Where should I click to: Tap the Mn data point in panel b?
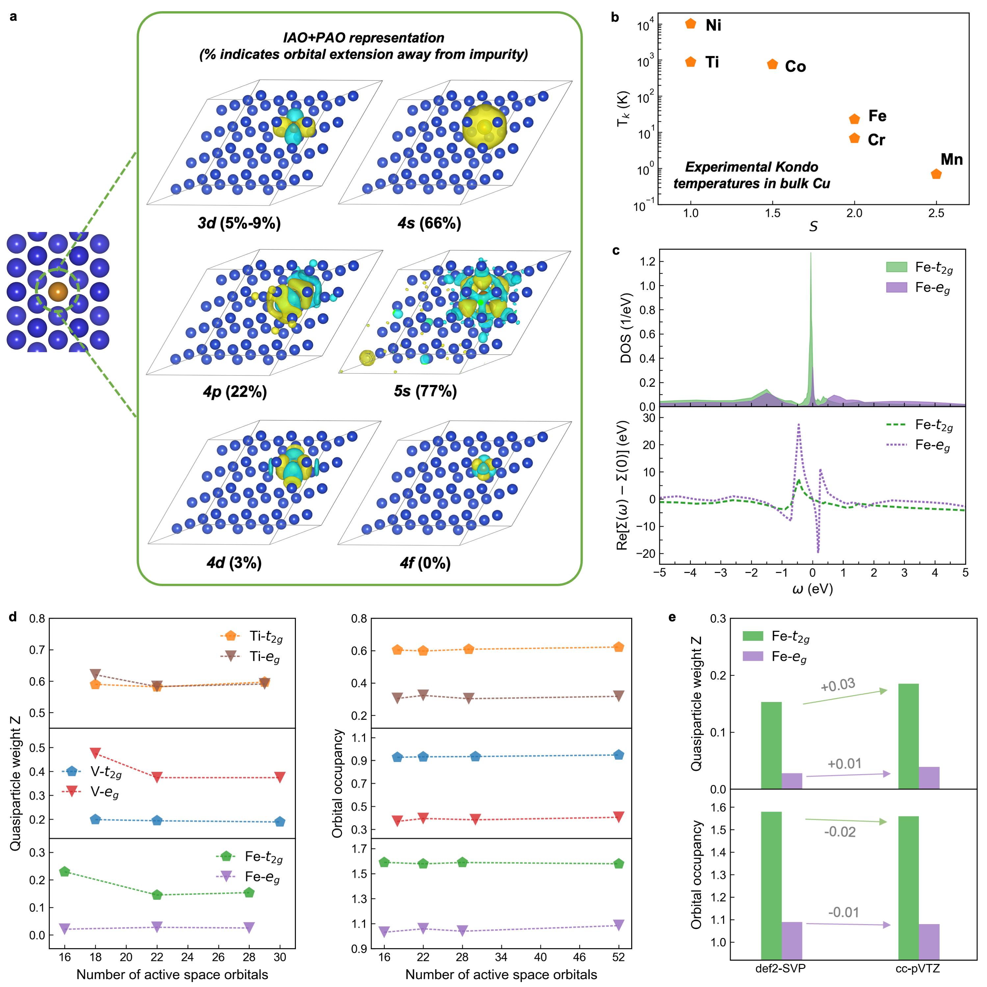(x=936, y=174)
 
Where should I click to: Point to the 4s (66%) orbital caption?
(x=429, y=223)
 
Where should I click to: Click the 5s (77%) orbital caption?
(x=425, y=391)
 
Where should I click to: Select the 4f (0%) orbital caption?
(x=425, y=563)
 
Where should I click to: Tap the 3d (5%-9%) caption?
(x=239, y=223)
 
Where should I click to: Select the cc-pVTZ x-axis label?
(x=918, y=968)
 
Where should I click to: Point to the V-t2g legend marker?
(x=71, y=771)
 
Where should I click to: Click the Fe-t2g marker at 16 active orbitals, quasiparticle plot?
(x=65, y=871)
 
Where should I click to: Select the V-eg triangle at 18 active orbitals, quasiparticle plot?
(x=95, y=753)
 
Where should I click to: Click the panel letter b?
(x=615, y=17)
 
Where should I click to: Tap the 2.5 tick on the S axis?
(x=936, y=213)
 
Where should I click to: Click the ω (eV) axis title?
(x=812, y=589)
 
